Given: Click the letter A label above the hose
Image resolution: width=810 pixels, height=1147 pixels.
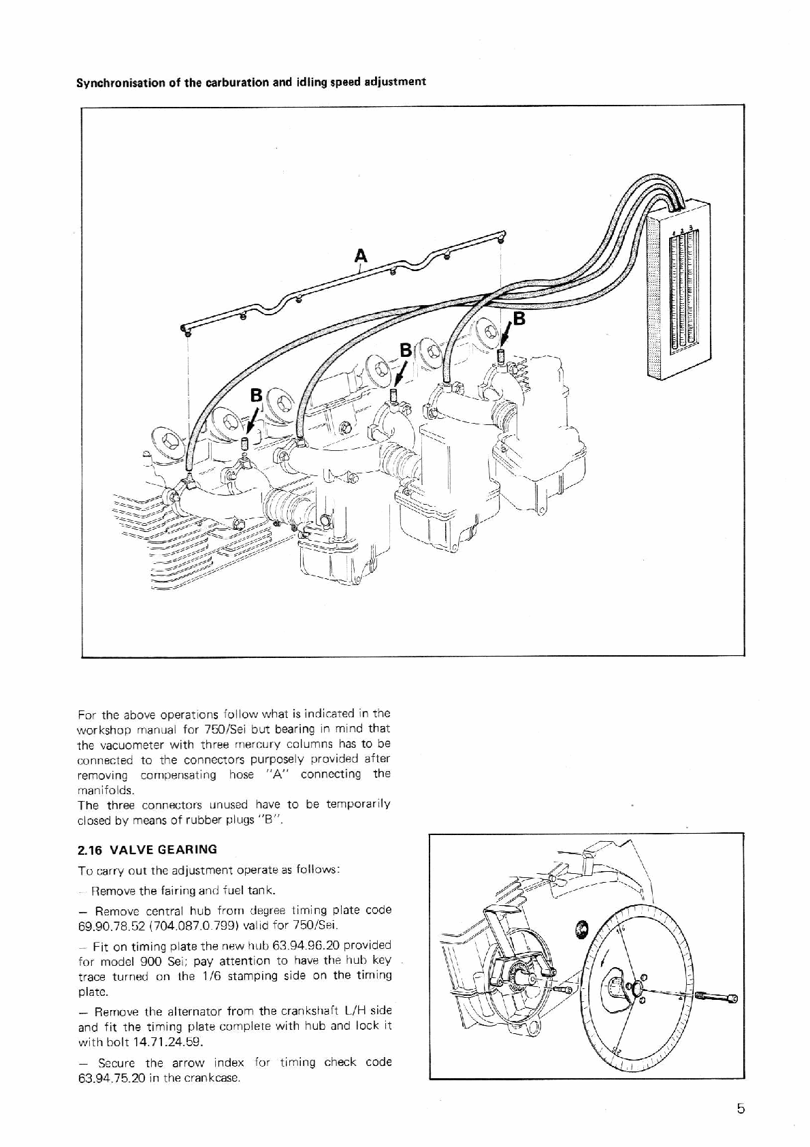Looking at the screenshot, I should pos(361,256).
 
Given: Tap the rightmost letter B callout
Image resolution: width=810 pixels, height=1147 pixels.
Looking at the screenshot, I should pos(519,319).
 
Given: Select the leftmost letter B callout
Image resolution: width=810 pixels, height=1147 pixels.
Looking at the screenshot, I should pos(256,395).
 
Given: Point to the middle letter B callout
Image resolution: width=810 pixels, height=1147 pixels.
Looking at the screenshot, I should pos(406,350).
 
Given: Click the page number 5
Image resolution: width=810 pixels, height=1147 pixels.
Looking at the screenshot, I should pos(741,1109).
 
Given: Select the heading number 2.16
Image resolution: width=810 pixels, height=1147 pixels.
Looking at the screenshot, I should pos(90,849).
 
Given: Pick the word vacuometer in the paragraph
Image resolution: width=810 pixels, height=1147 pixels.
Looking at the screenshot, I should pos(133,744).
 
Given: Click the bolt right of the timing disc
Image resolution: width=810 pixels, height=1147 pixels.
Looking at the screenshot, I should pos(723,999).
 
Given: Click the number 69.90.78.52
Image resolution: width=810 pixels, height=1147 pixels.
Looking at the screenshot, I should pos(103,926).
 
